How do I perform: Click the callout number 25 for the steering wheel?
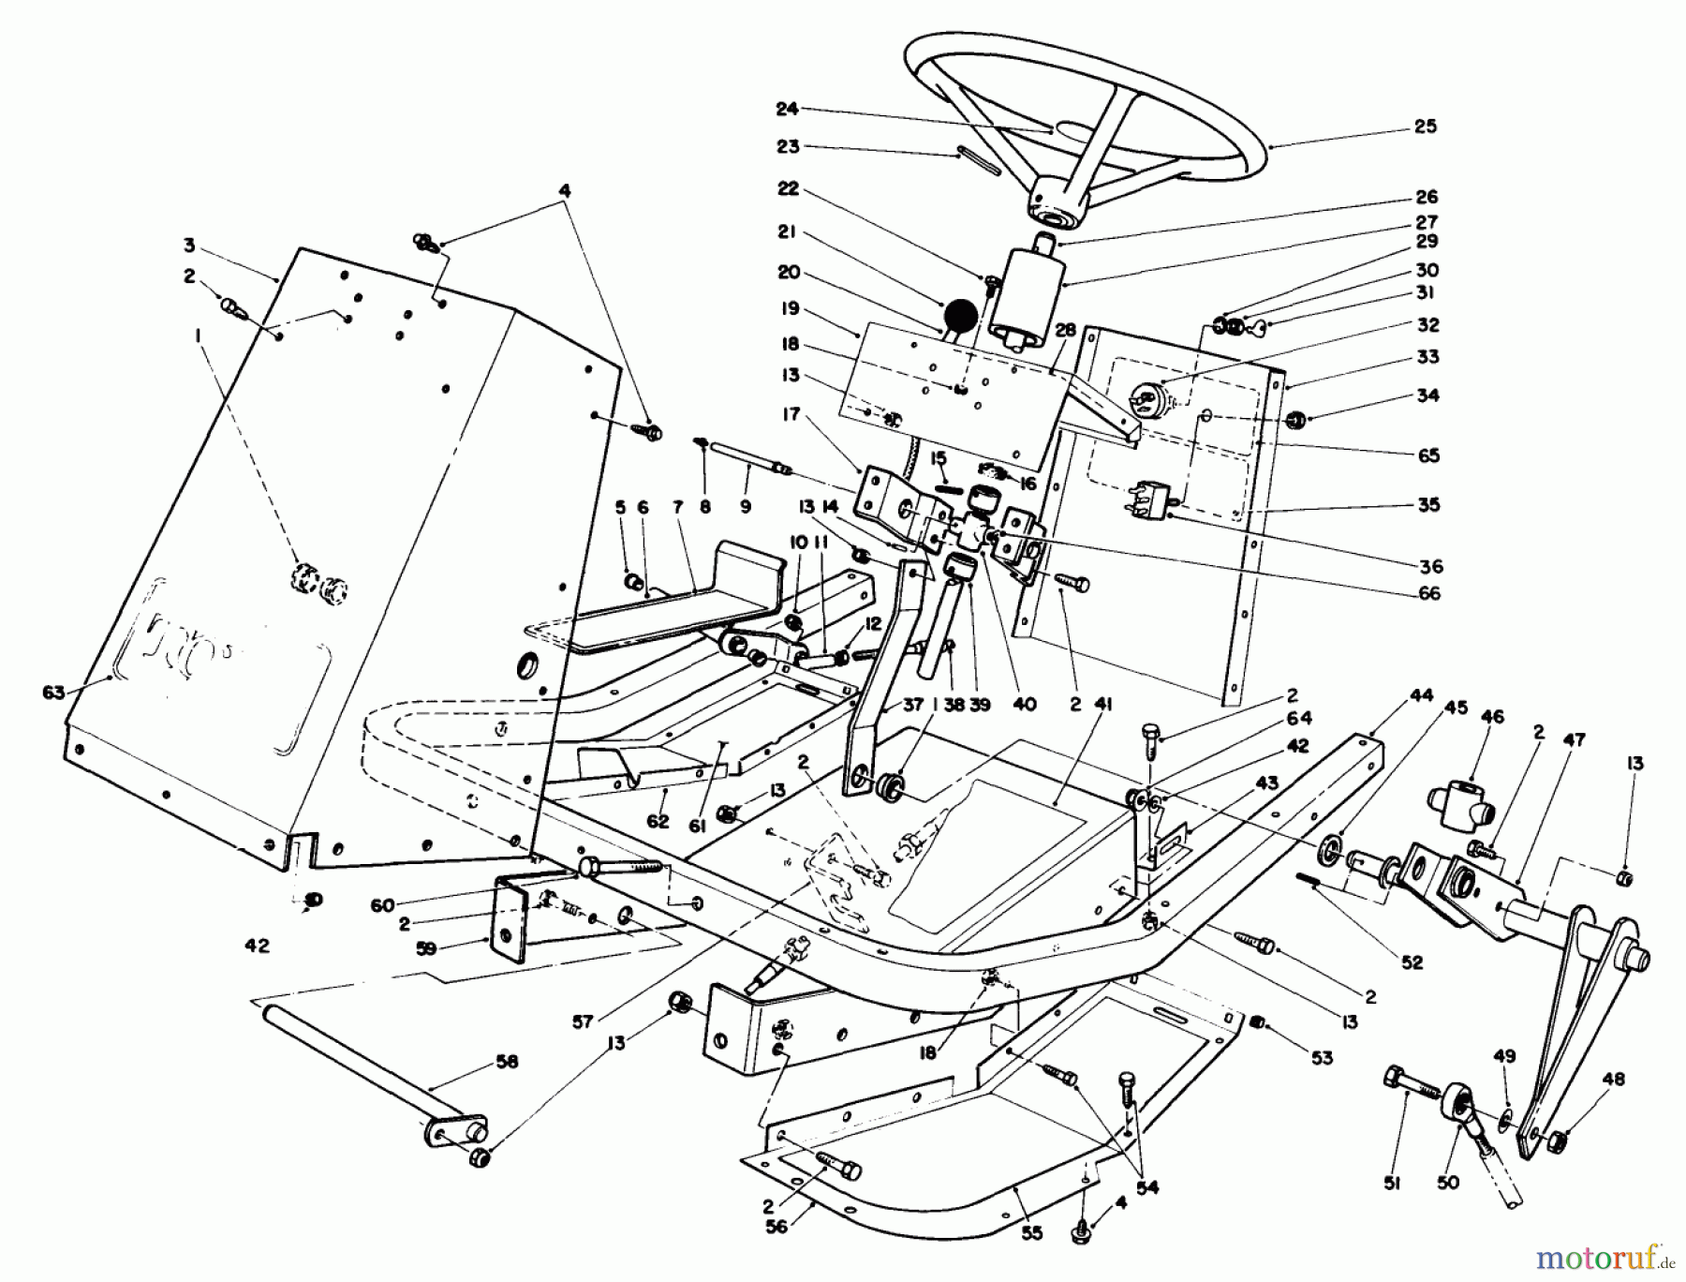1425,127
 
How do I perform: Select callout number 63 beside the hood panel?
53,693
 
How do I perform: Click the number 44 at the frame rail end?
1422,695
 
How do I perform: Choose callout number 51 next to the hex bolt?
1392,1184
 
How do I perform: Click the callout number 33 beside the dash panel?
1427,357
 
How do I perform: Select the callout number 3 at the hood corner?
189,246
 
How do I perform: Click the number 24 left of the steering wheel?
787,110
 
